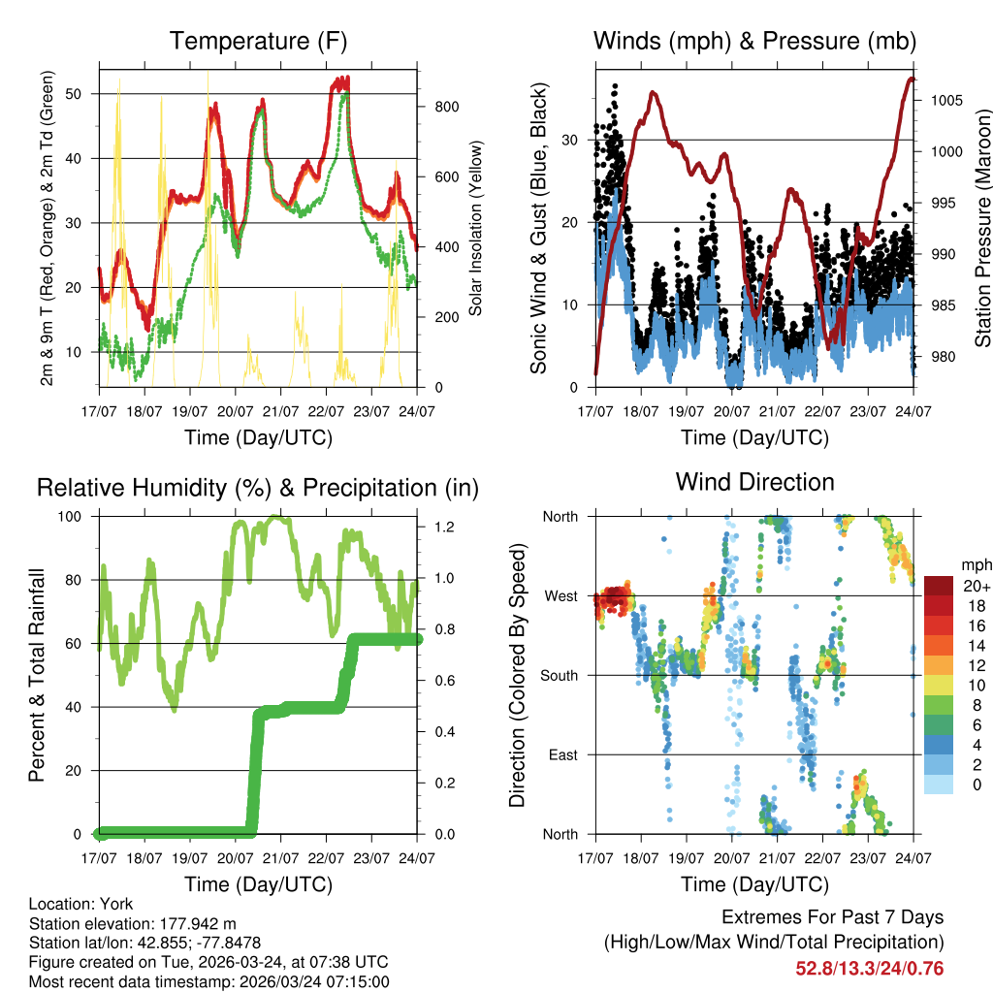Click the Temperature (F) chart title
(258, 42)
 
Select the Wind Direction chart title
(754, 482)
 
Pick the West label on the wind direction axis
(560, 595)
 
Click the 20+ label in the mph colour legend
(975, 586)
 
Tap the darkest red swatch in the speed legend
(939, 586)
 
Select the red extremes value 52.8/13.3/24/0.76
(869, 968)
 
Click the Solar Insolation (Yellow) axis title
(475, 229)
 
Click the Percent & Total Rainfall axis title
(37, 675)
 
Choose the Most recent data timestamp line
(208, 981)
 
